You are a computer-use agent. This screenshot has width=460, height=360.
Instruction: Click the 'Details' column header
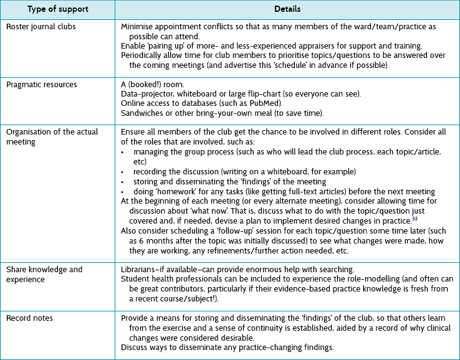pyautogui.click(x=287, y=10)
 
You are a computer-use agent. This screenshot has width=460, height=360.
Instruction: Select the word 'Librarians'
pyautogui.click(x=140, y=269)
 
